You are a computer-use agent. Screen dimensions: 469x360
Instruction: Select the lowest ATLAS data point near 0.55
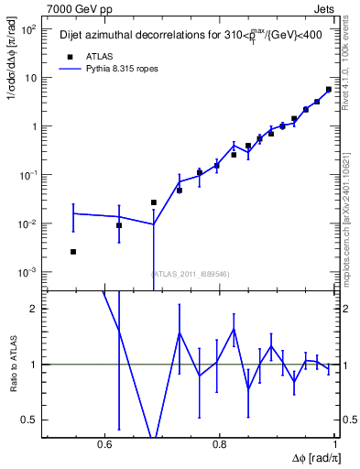click(x=73, y=251)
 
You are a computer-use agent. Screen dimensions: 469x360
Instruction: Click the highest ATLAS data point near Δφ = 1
click(x=329, y=90)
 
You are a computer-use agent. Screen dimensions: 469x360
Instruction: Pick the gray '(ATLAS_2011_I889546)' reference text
click(x=190, y=273)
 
